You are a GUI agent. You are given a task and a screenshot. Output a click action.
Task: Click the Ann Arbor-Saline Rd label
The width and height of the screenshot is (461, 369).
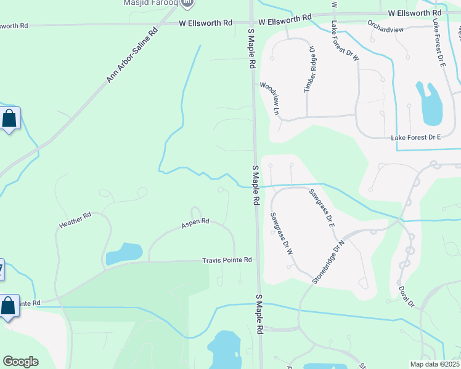133,54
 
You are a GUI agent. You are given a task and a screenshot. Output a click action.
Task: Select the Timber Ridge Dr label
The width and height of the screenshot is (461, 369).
312,69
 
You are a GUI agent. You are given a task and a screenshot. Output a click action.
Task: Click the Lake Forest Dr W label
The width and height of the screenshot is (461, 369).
344,41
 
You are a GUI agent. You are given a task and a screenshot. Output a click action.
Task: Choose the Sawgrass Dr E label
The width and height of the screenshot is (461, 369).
322,209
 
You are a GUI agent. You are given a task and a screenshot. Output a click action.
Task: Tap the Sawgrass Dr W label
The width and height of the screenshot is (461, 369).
280,234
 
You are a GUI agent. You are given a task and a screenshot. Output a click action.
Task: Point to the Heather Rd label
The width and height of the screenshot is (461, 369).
75,220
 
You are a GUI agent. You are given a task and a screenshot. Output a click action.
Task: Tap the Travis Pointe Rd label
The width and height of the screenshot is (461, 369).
227,260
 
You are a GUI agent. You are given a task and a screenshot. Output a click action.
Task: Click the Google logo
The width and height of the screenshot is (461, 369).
20,362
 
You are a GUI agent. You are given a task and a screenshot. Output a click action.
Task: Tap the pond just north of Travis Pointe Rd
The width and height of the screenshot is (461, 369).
124,253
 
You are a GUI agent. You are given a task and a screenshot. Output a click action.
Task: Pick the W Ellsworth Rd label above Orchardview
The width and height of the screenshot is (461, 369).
415,13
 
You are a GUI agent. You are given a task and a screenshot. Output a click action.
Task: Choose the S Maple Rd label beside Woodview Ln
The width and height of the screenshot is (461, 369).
252,51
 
